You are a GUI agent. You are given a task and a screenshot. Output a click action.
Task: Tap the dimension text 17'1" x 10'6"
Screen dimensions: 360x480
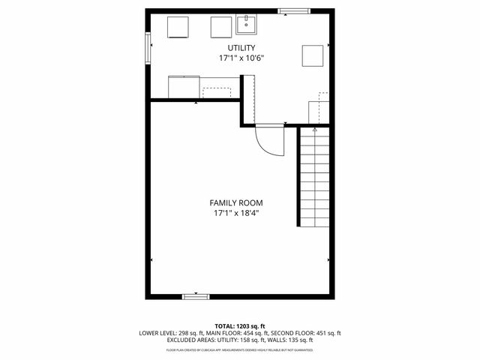click(240, 58)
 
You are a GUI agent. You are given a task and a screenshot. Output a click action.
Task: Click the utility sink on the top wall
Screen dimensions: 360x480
click(247, 25)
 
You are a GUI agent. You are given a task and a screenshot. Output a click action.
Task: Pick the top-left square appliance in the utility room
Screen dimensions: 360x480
click(177, 26)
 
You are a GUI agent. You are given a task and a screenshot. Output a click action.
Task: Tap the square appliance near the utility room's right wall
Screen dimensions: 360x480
click(313, 56)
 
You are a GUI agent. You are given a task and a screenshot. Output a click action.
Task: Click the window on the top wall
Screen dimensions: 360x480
click(293, 10)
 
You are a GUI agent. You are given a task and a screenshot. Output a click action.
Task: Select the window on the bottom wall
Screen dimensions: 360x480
click(196, 297)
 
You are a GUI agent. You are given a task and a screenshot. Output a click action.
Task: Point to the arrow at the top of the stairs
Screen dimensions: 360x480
click(314, 130)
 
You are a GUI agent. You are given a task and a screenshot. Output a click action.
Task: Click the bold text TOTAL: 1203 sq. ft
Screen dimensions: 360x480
click(240, 326)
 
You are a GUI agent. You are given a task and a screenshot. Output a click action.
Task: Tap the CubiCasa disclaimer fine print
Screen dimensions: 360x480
click(240, 349)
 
